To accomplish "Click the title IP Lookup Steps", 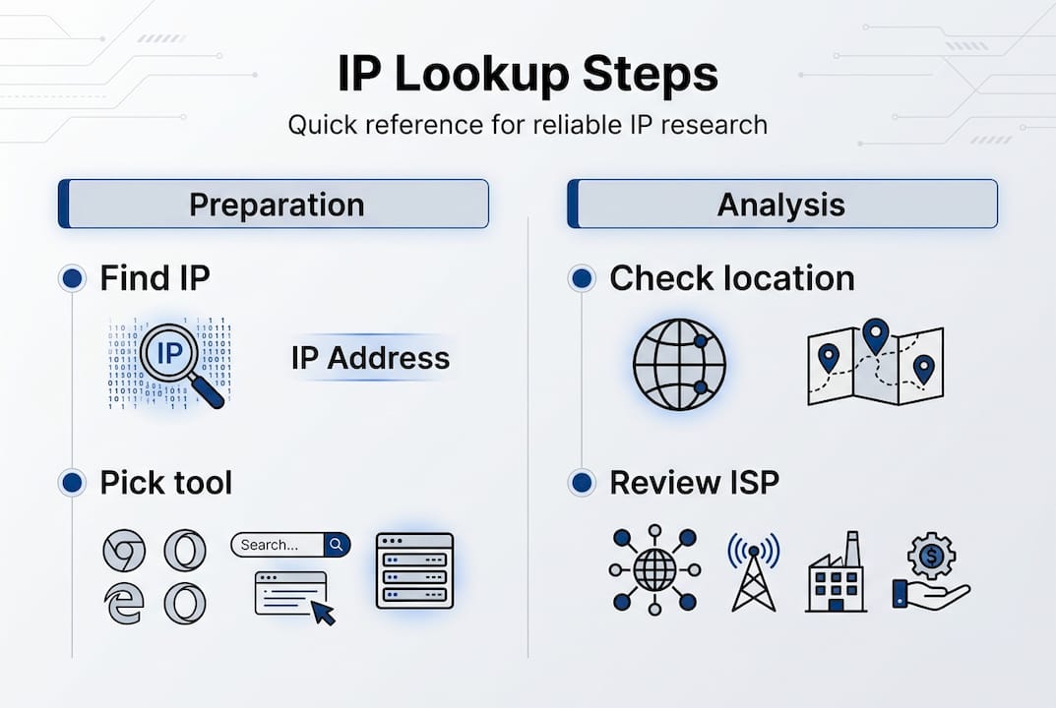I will coord(528,76).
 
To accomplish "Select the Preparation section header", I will coord(276,205).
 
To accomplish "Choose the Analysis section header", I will coord(780,205).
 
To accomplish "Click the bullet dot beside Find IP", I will coord(71,278).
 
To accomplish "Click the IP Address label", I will coord(370,358).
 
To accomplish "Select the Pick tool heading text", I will coord(165,483).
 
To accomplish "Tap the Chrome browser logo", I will coord(124,551).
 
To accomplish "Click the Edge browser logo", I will coord(124,602).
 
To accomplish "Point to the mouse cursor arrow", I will coord(322,611).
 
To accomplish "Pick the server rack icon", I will coord(414,570).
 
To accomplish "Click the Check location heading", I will coord(731,278).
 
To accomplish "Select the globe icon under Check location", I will coord(679,364).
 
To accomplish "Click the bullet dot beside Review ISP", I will coord(582,483).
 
